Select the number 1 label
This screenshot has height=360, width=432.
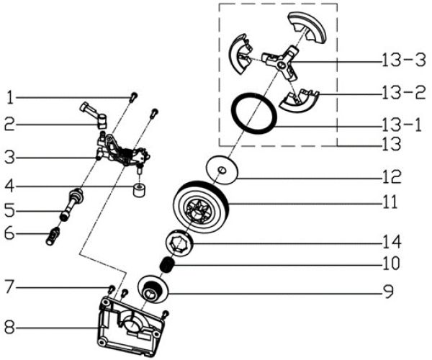10,96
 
